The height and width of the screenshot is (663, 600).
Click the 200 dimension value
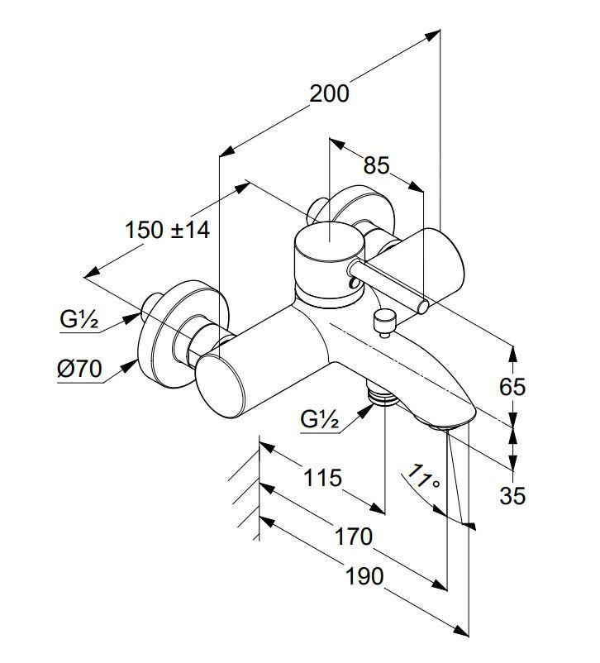[329, 93]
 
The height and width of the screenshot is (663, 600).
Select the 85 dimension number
[376, 166]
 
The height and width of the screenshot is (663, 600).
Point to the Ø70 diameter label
[79, 370]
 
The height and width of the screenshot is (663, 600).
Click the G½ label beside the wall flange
[79, 319]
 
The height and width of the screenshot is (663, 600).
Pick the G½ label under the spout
[320, 420]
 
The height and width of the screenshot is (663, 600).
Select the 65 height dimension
[513, 387]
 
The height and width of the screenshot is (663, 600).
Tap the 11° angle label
[425, 479]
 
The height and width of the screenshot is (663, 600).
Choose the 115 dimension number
[321, 477]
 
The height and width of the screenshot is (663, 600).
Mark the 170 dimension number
[354, 537]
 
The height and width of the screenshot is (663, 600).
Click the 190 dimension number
[364, 575]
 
